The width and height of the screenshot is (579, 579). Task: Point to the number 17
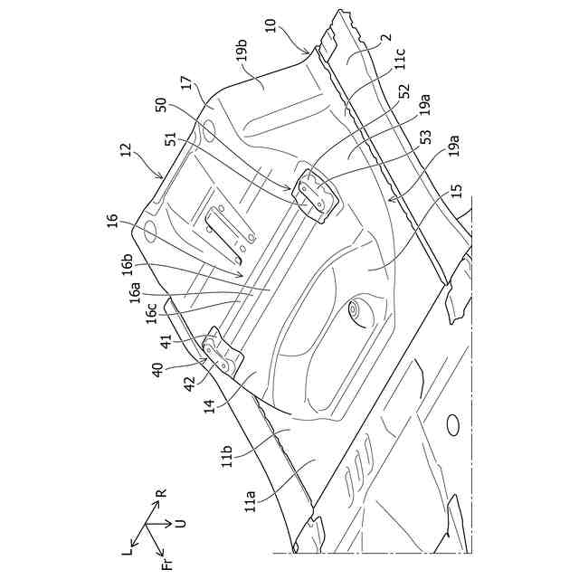[187, 87]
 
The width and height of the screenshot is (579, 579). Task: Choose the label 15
[455, 192]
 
